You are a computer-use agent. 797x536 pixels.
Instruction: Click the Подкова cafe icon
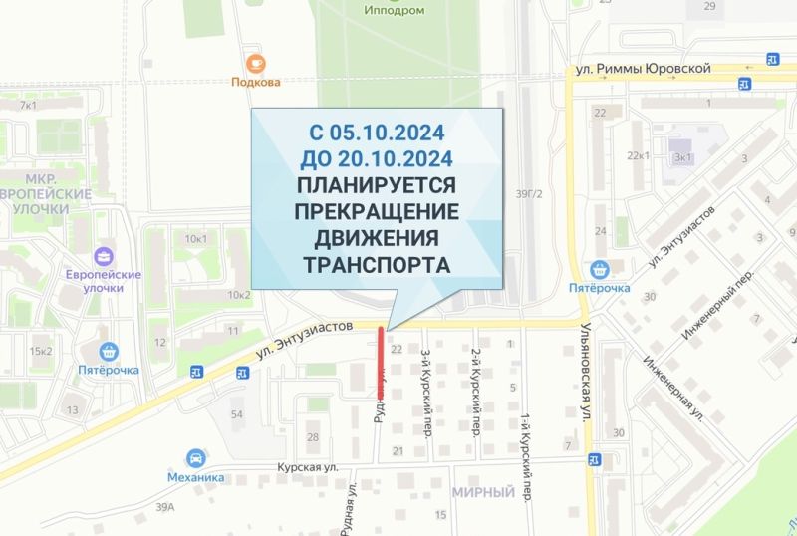pos(256,63)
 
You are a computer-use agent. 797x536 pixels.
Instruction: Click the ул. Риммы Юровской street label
pos(644,69)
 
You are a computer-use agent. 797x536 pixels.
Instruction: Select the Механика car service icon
pos(195,458)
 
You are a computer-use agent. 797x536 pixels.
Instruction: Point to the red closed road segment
pos(381,361)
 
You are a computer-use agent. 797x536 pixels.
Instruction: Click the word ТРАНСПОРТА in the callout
pos(377,266)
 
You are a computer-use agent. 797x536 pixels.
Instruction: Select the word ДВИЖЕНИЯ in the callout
pos(377,239)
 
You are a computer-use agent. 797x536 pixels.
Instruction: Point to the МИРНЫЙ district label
pos(483,492)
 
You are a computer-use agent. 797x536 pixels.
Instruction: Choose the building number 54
pos(237,413)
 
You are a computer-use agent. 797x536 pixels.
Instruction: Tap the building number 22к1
pos(638,156)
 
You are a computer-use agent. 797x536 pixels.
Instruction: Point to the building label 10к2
pos(239,295)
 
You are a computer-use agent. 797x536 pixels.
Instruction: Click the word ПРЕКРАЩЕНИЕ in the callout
pos(377,212)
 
